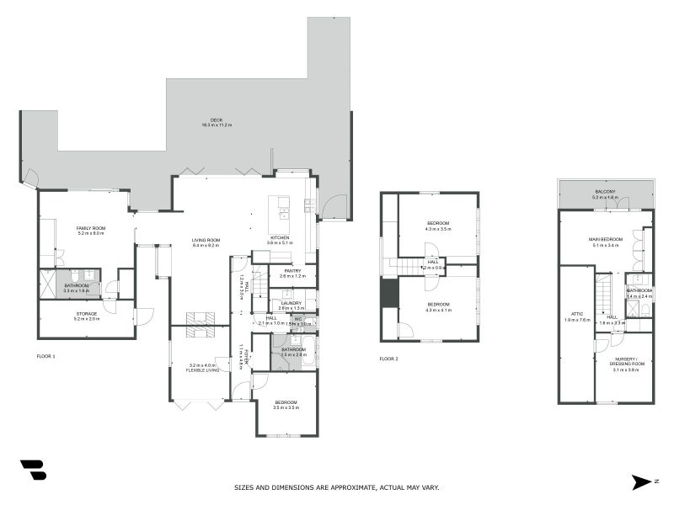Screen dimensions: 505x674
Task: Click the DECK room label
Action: [x=217, y=120]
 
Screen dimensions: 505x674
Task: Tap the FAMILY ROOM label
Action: [x=90, y=228]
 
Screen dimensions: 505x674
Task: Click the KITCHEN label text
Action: [x=280, y=237]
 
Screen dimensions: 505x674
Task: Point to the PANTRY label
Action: [x=292, y=270]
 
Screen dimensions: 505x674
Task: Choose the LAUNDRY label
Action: [x=292, y=303]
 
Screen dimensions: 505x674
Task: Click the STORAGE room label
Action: [x=87, y=314]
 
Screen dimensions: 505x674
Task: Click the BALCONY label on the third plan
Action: [x=605, y=192]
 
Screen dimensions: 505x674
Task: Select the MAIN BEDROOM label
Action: [x=606, y=240]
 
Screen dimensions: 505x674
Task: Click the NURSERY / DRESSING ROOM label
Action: [x=627, y=362]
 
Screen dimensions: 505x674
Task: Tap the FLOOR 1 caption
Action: [x=45, y=357]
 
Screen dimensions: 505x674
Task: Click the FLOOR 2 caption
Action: [x=388, y=359]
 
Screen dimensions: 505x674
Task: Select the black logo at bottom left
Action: [x=33, y=470]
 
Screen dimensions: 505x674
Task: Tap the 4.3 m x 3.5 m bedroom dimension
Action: [x=438, y=228]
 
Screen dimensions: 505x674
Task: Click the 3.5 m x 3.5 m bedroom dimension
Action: [x=285, y=407]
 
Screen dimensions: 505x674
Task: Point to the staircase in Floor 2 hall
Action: [x=410, y=267]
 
